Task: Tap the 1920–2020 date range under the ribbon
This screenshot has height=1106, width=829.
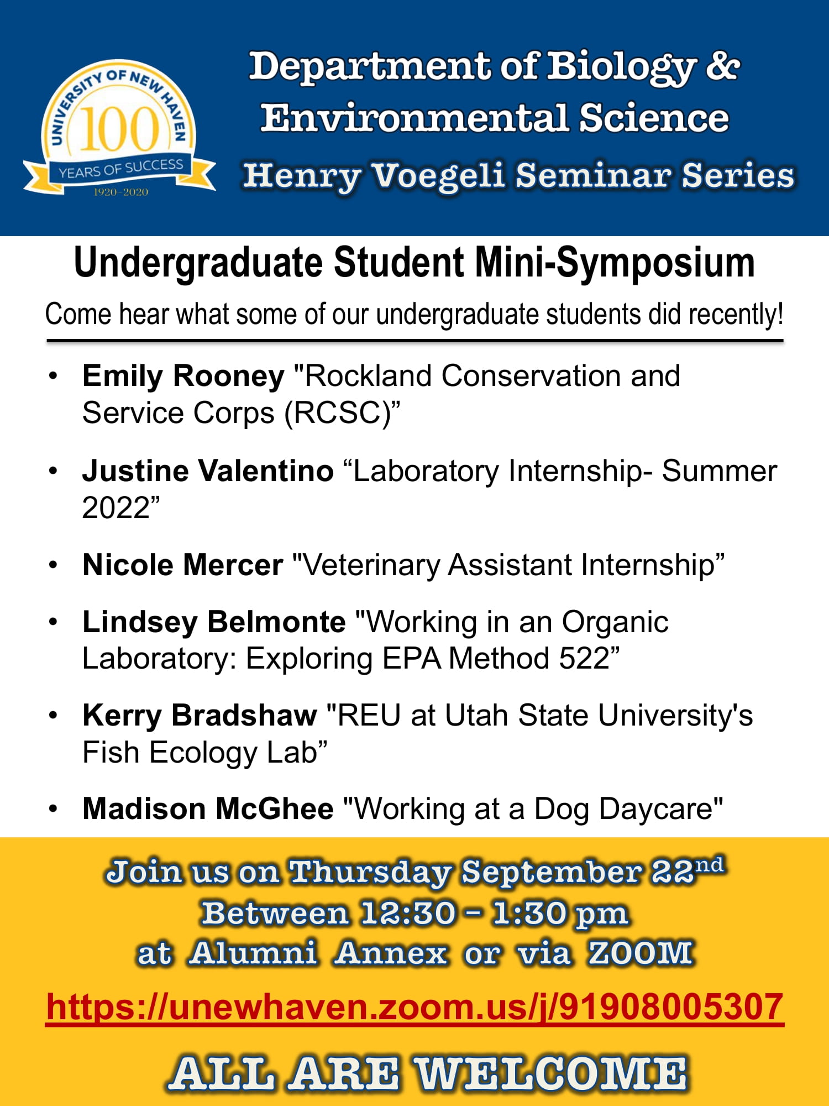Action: (x=120, y=192)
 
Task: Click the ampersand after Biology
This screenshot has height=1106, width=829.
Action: (x=722, y=66)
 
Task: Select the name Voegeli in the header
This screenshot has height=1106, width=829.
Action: (x=438, y=176)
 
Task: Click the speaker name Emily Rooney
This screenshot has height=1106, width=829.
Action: (x=183, y=376)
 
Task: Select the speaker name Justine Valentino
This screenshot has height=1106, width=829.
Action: (x=208, y=471)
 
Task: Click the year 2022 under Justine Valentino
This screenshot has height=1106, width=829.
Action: (x=116, y=508)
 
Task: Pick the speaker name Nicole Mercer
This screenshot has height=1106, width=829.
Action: (x=183, y=565)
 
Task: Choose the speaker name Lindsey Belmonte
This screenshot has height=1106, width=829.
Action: (x=214, y=622)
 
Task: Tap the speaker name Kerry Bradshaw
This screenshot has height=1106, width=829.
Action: (x=200, y=716)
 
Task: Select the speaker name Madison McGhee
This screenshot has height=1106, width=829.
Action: (x=208, y=809)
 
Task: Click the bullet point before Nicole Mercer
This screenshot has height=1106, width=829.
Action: (x=53, y=565)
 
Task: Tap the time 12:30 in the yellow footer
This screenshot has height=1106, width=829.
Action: (x=408, y=913)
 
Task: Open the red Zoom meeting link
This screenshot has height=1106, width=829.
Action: (x=414, y=1007)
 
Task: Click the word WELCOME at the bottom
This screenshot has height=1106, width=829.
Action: (x=551, y=1073)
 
